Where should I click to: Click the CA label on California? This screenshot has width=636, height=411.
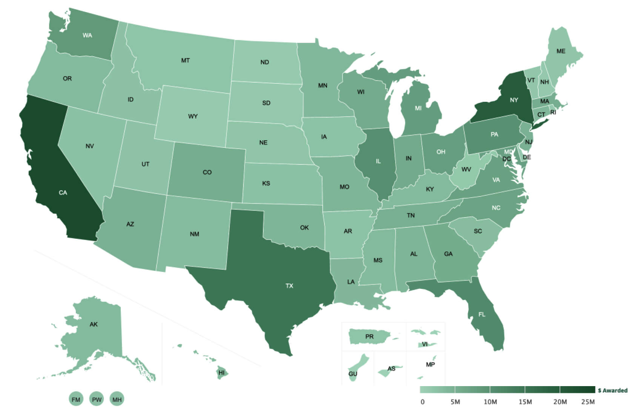click(x=63, y=193)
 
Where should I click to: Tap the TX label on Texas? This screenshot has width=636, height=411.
click(x=289, y=286)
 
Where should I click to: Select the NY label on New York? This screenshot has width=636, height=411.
click(x=514, y=100)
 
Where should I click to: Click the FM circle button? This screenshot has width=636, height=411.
click(x=76, y=399)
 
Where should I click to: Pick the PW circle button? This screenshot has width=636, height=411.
click(x=97, y=399)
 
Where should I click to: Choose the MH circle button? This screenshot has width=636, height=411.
click(x=117, y=399)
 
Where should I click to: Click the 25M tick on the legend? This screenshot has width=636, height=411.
click(x=588, y=402)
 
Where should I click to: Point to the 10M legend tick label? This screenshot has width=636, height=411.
click(x=490, y=402)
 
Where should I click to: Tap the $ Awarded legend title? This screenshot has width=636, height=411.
click(x=613, y=391)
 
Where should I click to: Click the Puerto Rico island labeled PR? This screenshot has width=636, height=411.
click(x=369, y=336)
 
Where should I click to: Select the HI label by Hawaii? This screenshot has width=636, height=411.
click(x=222, y=373)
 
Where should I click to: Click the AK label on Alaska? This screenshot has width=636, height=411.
click(x=94, y=324)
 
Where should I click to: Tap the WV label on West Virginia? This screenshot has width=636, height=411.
click(x=466, y=169)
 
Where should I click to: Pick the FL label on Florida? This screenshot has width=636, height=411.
click(x=482, y=314)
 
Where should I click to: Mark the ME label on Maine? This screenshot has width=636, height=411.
click(x=561, y=51)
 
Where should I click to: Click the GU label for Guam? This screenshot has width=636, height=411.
click(x=353, y=374)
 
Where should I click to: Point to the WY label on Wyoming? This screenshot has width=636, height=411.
click(x=193, y=116)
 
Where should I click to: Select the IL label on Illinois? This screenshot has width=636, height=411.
click(x=378, y=161)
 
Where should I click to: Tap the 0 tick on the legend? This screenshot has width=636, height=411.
click(x=422, y=402)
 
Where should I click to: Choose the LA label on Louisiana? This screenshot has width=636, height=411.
click(x=351, y=282)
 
